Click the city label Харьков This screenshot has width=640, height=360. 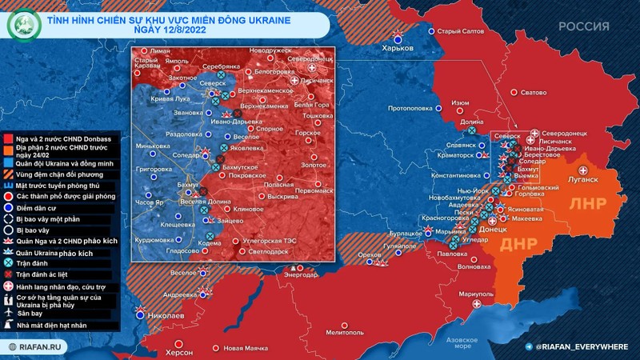click(x=398, y=48)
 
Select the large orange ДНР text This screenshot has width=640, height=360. click(x=516, y=245)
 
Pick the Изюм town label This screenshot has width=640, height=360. click(x=460, y=103)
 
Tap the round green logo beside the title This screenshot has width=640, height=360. click(x=21, y=26)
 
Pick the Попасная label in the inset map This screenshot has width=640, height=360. click(x=270, y=184)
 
